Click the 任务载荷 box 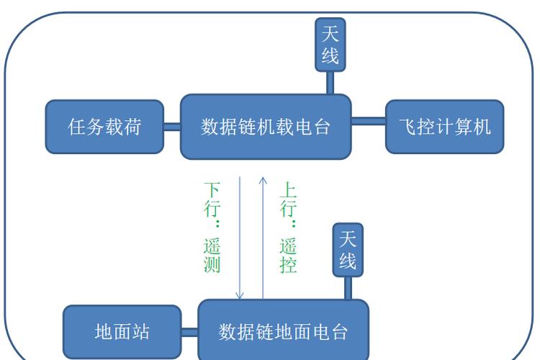104,127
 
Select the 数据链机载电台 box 266,127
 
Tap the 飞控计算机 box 444,127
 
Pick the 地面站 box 122,332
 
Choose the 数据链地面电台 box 283,332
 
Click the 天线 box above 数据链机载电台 330,44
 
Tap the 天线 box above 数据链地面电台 348,249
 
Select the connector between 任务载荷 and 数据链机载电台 172,127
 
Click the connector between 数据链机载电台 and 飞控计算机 369,120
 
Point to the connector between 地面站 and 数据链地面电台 189,332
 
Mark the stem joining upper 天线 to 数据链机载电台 330,83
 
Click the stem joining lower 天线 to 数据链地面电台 348,288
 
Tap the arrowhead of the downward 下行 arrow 240,295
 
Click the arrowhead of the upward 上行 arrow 263,178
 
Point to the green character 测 212,264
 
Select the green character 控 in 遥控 288,264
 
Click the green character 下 212,190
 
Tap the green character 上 288,190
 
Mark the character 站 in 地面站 140,332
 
